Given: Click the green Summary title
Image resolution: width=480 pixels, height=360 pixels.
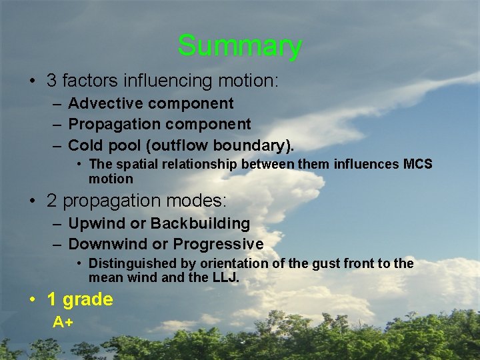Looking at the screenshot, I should click(239, 46).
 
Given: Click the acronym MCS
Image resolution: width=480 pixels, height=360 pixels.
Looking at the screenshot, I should click(418, 164).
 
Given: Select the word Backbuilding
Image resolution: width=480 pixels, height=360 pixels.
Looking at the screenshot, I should click(201, 224).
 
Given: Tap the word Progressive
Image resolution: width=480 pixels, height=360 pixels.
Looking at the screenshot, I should click(218, 245).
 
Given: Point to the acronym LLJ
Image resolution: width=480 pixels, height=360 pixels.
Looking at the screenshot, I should click(224, 277).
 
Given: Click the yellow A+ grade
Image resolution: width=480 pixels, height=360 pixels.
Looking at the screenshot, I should click(63, 323).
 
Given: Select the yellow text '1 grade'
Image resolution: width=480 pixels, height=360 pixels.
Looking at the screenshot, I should click(80, 299).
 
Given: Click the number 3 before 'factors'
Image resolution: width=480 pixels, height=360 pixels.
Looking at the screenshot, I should click(51, 81).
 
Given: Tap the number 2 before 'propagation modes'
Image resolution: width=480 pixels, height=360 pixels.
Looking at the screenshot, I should click(51, 201).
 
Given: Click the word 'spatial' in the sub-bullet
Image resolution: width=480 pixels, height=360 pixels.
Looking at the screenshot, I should click(136, 164).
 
